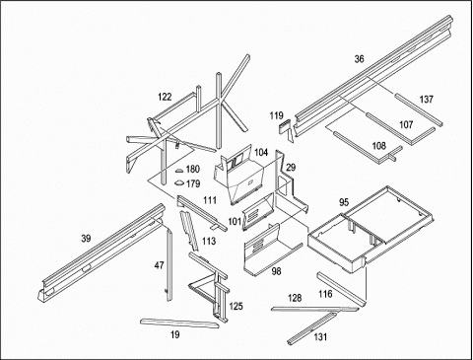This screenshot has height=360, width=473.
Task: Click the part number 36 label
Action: tap(360, 59)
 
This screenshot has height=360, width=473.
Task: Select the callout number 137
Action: tap(427, 99)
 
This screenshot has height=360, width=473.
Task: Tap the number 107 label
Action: tap(406, 124)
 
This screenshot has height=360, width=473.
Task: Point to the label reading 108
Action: tap(378, 146)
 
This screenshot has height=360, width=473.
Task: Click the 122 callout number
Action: tap(165, 97)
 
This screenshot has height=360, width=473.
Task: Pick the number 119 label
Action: tap(276, 115)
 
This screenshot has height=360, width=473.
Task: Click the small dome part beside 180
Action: tap(179, 171)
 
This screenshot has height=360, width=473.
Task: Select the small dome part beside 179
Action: tap(179, 182)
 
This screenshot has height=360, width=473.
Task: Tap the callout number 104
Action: tap(261, 152)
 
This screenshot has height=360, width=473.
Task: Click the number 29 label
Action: tap(291, 168)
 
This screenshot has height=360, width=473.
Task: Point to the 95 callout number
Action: tap(344, 202)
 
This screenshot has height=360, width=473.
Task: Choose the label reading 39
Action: tap(86, 239)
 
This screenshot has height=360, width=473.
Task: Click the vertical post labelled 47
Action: tap(169, 265)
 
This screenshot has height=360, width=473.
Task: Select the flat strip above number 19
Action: tap(179, 323)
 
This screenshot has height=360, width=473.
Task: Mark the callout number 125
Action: tap(236, 307)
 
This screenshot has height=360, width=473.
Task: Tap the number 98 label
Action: tap(276, 271)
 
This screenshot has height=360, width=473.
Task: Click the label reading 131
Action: tap(320, 337)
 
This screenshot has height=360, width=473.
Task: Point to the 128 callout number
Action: tap(295, 298)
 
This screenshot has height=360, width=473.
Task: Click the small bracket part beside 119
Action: tap(287, 129)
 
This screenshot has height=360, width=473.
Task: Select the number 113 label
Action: tap(209, 242)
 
